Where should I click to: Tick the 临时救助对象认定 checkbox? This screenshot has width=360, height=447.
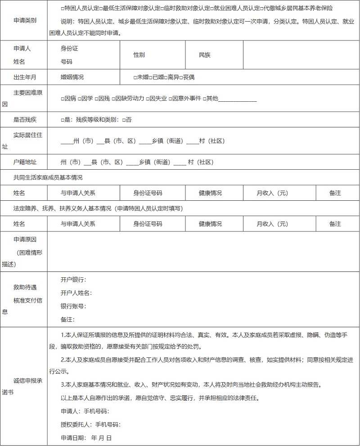(162, 9)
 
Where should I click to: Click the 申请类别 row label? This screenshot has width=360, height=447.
(25, 21)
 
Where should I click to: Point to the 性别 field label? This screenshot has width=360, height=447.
(139, 55)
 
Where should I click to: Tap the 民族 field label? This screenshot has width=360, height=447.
(204, 55)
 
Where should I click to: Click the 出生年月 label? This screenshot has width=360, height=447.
(25, 77)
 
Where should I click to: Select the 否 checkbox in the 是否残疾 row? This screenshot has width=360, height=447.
(123, 120)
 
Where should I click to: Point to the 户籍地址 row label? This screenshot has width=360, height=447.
(25, 162)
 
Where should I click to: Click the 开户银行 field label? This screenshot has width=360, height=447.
(73, 280)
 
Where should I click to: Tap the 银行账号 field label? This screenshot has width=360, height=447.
(73, 306)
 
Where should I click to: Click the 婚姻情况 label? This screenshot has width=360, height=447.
(72, 77)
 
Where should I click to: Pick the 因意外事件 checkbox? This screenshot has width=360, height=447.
(170, 99)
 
